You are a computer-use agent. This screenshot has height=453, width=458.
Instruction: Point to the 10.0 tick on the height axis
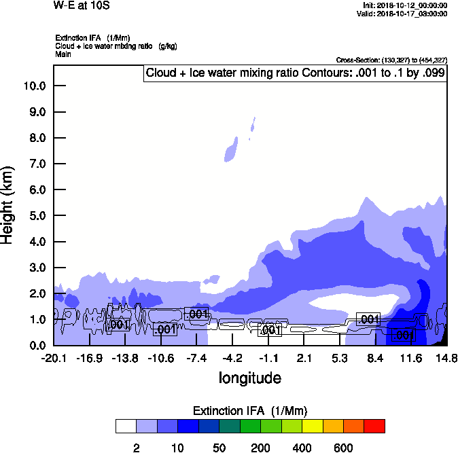[34, 86]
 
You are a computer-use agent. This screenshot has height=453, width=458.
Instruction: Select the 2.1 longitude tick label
[304, 358]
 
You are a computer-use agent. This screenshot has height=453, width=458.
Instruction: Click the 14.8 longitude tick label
[446, 358]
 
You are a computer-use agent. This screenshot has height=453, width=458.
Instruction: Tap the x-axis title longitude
[250, 378]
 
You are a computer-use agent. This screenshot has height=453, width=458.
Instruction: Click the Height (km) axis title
[9, 204]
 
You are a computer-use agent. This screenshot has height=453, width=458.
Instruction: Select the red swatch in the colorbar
[374, 427]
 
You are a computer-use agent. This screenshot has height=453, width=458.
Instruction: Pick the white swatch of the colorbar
[126, 427]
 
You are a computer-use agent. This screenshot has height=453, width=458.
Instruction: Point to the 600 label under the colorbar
[343, 448]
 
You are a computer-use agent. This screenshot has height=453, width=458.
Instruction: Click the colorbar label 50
[219, 448]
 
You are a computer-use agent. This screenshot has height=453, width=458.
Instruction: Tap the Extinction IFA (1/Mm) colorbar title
[250, 411]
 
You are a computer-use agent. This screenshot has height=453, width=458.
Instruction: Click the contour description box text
[296, 73]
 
